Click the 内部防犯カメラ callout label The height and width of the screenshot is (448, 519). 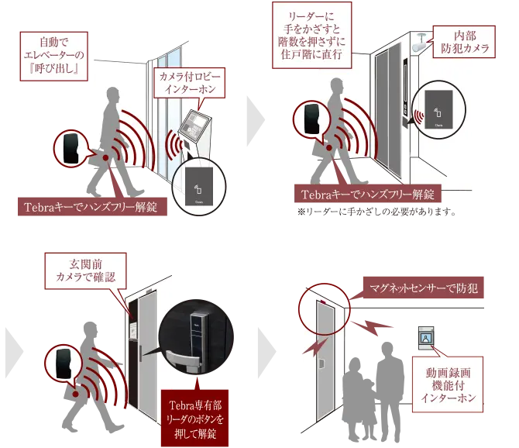point(464,42)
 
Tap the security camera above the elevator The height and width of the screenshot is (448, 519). point(420,43)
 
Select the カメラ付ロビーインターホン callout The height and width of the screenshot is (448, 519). point(190,83)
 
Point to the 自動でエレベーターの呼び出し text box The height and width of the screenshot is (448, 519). point(54,56)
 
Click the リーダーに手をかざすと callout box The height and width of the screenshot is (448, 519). point(312,35)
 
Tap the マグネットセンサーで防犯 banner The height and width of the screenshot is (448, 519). point(424,288)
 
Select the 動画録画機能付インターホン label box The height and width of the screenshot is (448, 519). point(448,384)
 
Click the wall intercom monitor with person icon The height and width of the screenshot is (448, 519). point(425,338)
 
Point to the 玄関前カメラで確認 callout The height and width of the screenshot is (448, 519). point(85,271)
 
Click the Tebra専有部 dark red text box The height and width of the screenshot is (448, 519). point(194,419)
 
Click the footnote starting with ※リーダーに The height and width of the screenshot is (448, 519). point(376,212)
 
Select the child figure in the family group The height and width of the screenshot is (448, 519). point(367,409)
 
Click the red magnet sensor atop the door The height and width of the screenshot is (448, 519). point(322,302)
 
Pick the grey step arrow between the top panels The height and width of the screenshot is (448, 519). point(256,121)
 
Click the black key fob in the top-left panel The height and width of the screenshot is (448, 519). point(71,148)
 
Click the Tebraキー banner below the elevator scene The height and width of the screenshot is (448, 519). point(368,194)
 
